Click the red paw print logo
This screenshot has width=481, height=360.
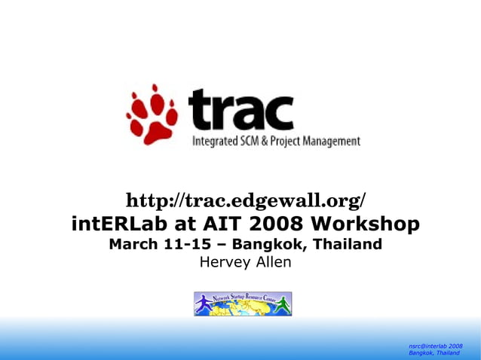click(152, 114)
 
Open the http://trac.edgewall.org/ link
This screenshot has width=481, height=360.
click(245, 201)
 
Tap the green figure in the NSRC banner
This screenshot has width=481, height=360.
click(282, 304)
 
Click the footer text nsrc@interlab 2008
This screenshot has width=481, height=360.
click(435, 346)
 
